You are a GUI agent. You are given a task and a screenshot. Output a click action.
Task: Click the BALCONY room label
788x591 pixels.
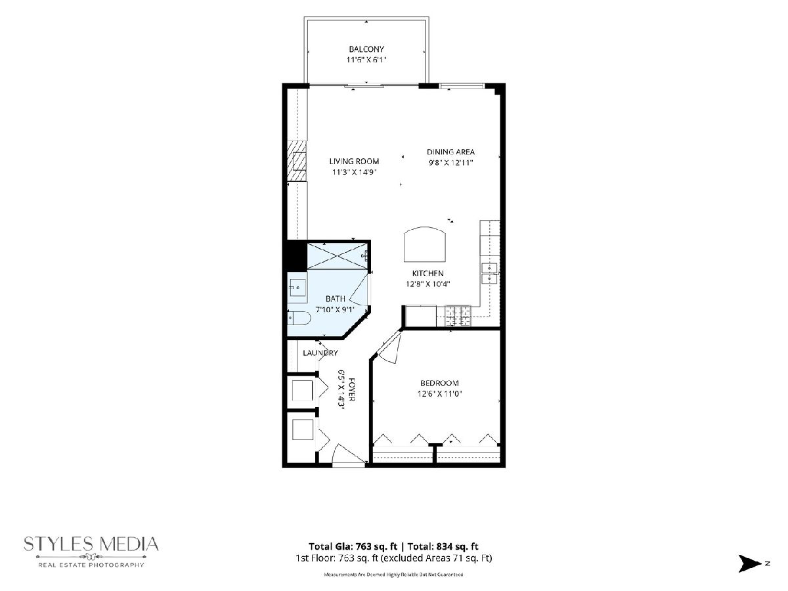[366, 49]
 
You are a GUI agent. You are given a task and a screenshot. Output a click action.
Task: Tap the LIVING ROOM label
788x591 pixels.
[354, 162]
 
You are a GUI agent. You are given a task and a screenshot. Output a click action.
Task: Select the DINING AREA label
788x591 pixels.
[450, 152]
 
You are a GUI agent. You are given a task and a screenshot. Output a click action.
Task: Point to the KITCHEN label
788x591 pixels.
[427, 273]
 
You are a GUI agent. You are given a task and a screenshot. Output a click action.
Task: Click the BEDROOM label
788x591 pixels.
[439, 383]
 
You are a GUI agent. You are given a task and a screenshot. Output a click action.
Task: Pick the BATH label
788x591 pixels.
[336, 299]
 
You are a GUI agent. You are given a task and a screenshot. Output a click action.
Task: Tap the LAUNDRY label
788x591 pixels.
[320, 353]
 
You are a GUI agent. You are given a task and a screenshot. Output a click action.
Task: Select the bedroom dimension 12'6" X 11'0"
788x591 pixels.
[439, 394]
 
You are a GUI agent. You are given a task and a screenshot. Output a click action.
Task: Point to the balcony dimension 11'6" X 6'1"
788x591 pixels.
[366, 60]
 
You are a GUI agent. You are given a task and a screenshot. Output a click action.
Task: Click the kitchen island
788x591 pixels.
[425, 244]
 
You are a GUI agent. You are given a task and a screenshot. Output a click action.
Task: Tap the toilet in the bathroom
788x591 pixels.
[299, 318]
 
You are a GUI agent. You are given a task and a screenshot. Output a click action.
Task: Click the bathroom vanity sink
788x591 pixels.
[297, 288]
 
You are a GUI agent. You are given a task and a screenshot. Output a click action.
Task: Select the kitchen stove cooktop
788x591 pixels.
[458, 316]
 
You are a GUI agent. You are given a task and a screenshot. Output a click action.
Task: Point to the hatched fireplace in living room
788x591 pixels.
[297, 161]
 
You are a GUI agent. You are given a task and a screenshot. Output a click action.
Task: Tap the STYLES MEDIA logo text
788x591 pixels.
[91, 544]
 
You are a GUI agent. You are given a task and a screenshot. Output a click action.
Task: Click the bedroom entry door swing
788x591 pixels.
[389, 347]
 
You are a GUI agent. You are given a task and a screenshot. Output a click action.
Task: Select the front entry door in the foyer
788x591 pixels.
[349, 455]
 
